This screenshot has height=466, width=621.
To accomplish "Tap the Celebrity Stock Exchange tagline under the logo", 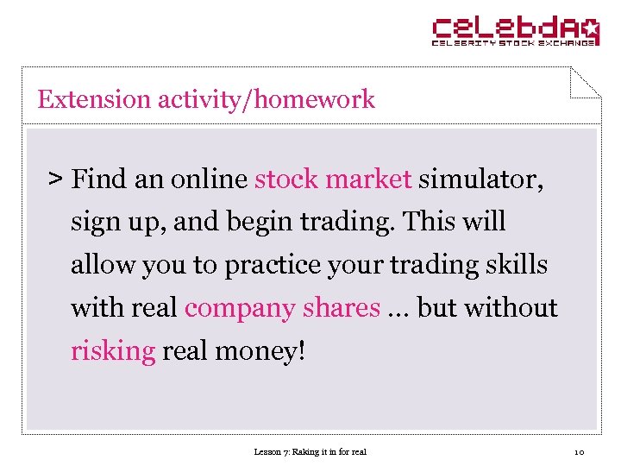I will pos(514,42).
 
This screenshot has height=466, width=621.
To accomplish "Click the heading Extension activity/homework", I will pos(206,99).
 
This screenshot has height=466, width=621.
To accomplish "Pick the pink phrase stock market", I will pos(333,179).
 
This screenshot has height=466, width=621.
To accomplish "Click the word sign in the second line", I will pos(96,223).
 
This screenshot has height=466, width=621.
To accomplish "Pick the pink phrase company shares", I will pos(282,308).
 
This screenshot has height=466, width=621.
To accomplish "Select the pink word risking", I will pos(113,351).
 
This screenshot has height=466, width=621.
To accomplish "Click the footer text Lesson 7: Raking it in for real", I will pos(310,451).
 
